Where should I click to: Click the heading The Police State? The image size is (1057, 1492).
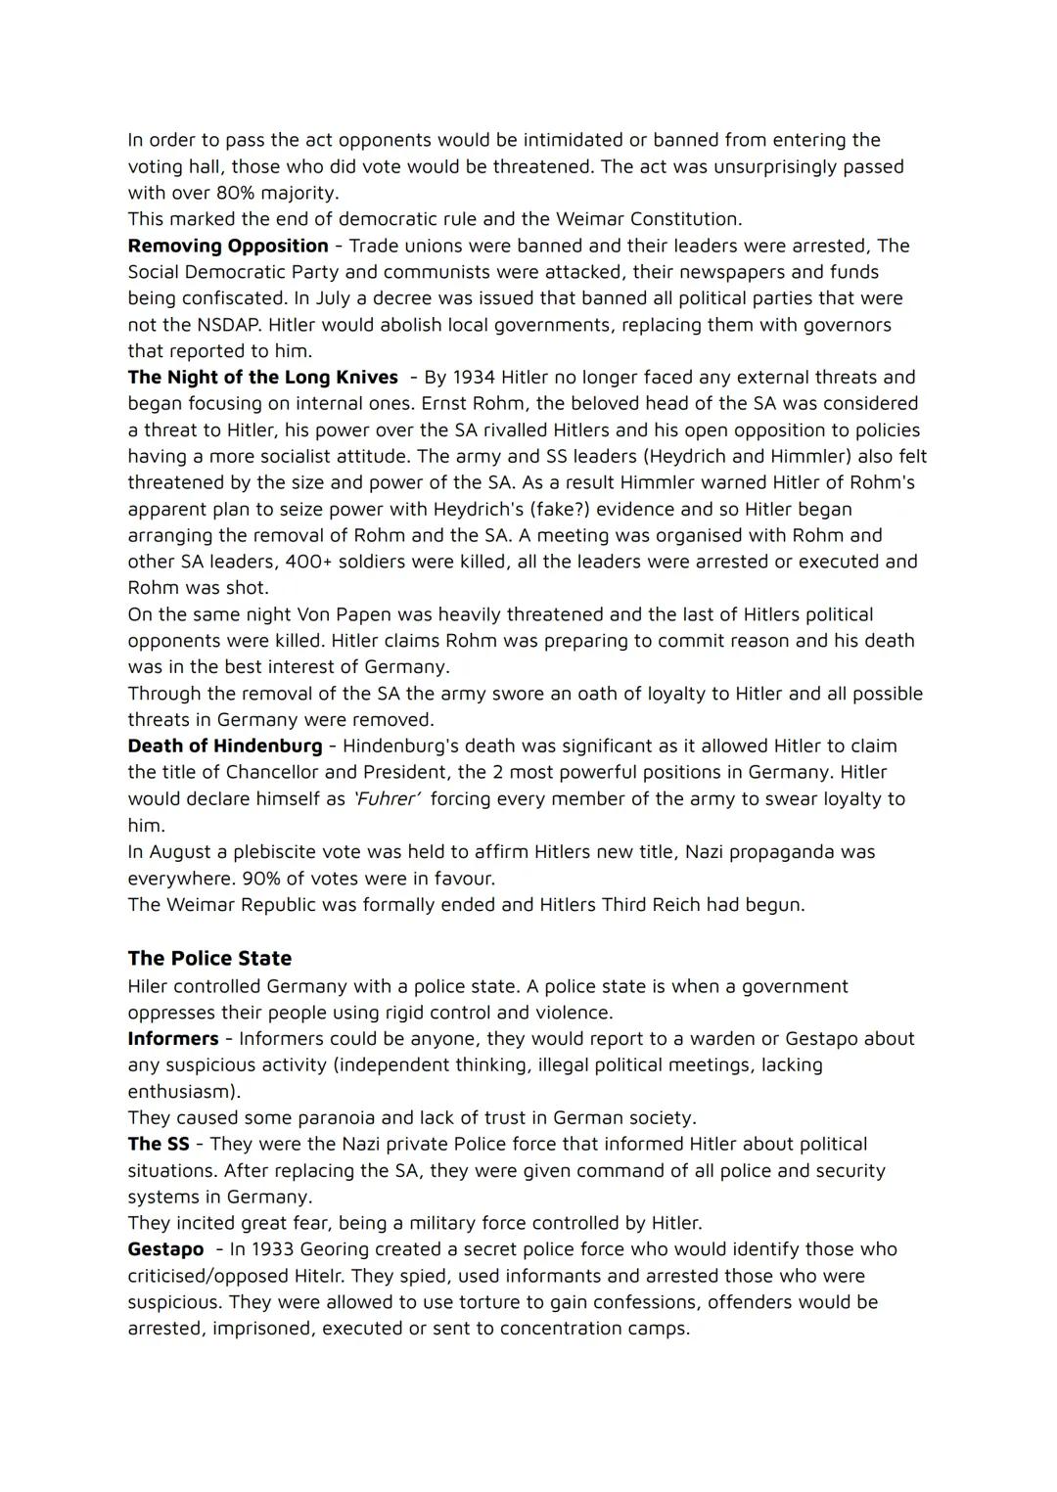pyautogui.click(x=209, y=959)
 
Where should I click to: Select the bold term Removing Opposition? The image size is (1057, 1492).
pyautogui.click(x=228, y=246)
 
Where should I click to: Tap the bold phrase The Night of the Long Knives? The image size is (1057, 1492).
pyautogui.click(x=262, y=378)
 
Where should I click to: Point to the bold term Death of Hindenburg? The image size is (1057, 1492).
pyautogui.click(x=224, y=746)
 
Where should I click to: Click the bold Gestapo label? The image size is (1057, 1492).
pyautogui.click(x=165, y=1249)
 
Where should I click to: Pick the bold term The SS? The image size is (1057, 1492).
pyautogui.click(x=159, y=1145)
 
